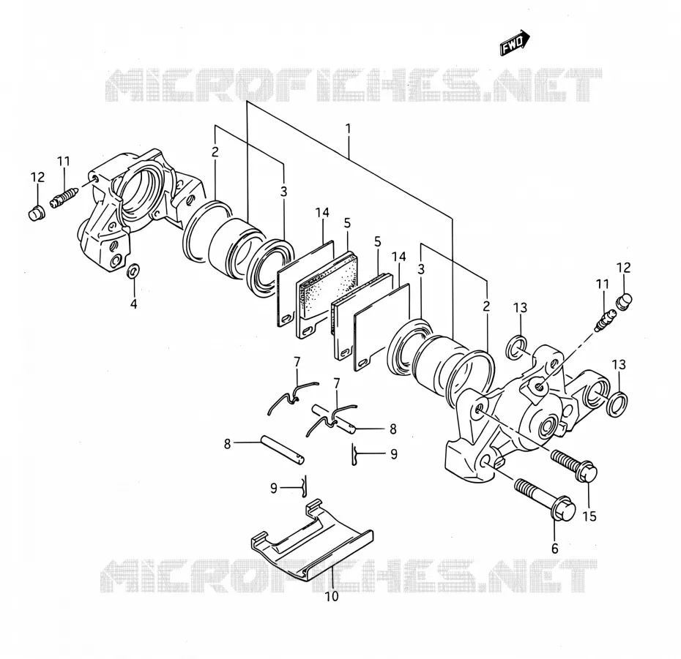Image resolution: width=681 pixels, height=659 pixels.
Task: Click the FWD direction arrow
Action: (515, 43)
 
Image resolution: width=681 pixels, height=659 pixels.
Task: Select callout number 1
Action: (348, 129)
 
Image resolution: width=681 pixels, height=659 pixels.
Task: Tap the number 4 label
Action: (134, 304)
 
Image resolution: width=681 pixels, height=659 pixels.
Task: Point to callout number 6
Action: (554, 549)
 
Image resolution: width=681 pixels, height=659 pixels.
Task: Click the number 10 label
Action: (332, 597)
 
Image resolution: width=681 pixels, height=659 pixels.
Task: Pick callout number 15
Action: (589, 516)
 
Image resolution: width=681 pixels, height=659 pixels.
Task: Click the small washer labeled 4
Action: (132, 271)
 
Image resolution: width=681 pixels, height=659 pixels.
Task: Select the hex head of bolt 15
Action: (587, 471)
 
